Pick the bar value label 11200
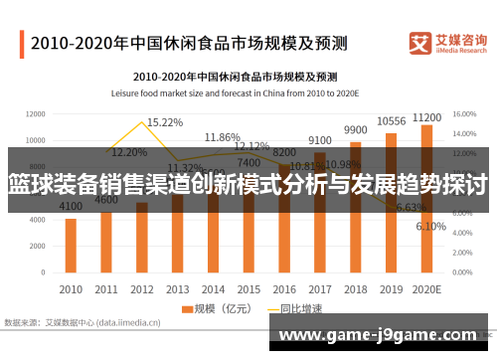(426, 115)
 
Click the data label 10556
(391, 122)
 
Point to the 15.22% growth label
(164, 122)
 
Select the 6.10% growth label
(430, 226)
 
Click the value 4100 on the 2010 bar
(71, 207)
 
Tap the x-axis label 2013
(177, 288)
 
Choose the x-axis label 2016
(283, 288)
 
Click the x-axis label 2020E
(426, 288)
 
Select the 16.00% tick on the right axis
(465, 113)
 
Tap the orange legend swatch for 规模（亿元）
(187, 309)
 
